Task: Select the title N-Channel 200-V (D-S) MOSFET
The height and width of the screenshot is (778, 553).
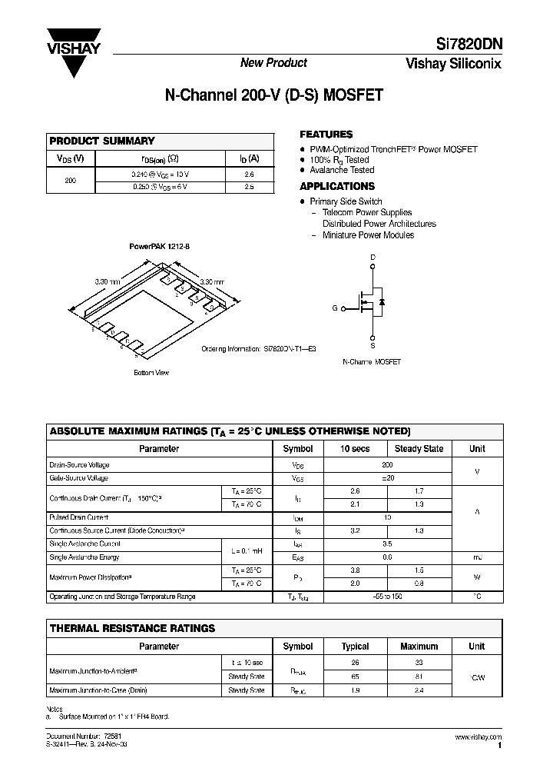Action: [x=274, y=96]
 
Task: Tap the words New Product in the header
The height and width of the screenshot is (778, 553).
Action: [x=274, y=63]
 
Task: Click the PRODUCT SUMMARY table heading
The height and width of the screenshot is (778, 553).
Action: [x=102, y=141]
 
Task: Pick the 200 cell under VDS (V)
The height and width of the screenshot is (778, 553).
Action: [x=71, y=180]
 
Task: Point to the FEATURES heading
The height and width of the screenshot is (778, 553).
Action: [x=326, y=134]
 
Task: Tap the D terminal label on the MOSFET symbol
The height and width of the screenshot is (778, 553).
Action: [x=373, y=258]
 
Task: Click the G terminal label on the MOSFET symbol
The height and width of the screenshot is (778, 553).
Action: [x=334, y=308]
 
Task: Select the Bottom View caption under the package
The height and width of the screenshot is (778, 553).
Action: [x=151, y=373]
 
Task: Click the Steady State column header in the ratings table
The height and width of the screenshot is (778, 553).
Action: [x=419, y=449]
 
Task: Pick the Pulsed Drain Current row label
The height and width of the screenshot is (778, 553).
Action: [x=78, y=517]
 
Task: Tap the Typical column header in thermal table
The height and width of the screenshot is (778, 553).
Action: [x=355, y=647]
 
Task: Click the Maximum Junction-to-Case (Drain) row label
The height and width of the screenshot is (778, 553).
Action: [x=98, y=690]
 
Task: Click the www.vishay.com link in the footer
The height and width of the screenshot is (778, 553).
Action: [x=478, y=737]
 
